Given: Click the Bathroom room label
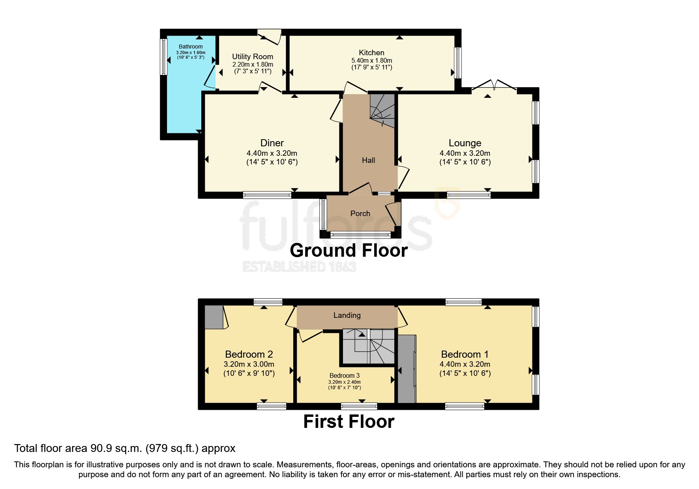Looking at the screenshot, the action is (x=191, y=47).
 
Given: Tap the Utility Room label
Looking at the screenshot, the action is (x=253, y=57).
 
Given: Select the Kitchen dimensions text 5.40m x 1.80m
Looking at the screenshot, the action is (x=372, y=60).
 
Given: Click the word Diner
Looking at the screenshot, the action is (x=272, y=143).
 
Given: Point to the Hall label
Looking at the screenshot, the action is (x=369, y=160).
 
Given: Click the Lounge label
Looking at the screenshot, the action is (x=465, y=143).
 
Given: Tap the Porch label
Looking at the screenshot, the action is (x=360, y=213).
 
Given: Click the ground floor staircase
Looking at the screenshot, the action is (x=382, y=110).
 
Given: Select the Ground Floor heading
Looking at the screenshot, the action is (x=349, y=250).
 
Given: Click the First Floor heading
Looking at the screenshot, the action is (x=349, y=422).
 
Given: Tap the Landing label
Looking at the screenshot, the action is (x=347, y=315).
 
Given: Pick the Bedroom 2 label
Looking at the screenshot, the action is (x=249, y=354).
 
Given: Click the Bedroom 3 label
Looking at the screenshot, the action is (x=345, y=375).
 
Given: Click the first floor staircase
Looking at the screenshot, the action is (x=368, y=346).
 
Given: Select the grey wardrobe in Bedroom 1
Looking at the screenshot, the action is (x=407, y=369).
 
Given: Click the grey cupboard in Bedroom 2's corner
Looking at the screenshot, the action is (x=214, y=317).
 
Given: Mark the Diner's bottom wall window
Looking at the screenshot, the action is (x=267, y=194).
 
